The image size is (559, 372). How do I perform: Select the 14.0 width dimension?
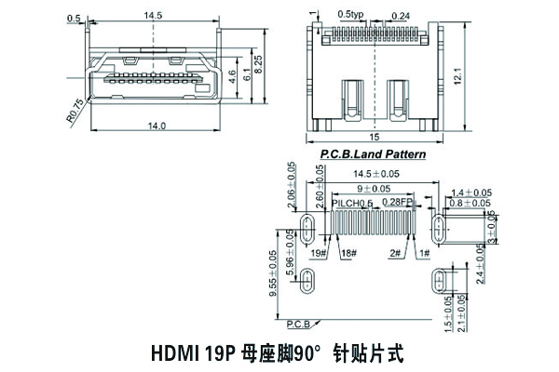coord(157,126)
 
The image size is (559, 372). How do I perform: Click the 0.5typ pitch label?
coord(351,15)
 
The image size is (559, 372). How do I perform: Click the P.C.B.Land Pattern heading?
coord(373,153)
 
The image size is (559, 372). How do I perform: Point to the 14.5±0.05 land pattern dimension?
coord(375,174)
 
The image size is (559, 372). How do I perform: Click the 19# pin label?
coord(318,253)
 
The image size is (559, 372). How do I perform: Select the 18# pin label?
coord(348,253)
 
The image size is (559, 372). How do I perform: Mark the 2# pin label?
coord(395,253)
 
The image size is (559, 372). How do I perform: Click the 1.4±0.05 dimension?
coord(470,192)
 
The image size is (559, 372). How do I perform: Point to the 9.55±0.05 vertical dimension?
coord(273,274)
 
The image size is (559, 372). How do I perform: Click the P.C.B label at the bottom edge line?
coord(298,324)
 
